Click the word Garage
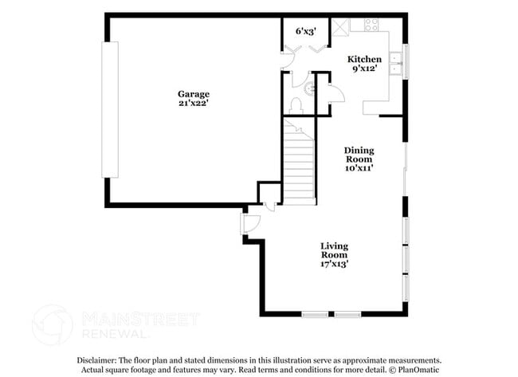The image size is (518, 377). (x=194, y=93)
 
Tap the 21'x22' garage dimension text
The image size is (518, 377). (x=194, y=104)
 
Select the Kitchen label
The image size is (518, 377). (x=364, y=59)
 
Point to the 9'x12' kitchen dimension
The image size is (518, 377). (x=364, y=69)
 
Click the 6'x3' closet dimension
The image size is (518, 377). (x=306, y=31)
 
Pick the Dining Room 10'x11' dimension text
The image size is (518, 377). (x=359, y=168)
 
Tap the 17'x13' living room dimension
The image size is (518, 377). (x=334, y=264)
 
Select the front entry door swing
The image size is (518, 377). (x=250, y=225)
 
